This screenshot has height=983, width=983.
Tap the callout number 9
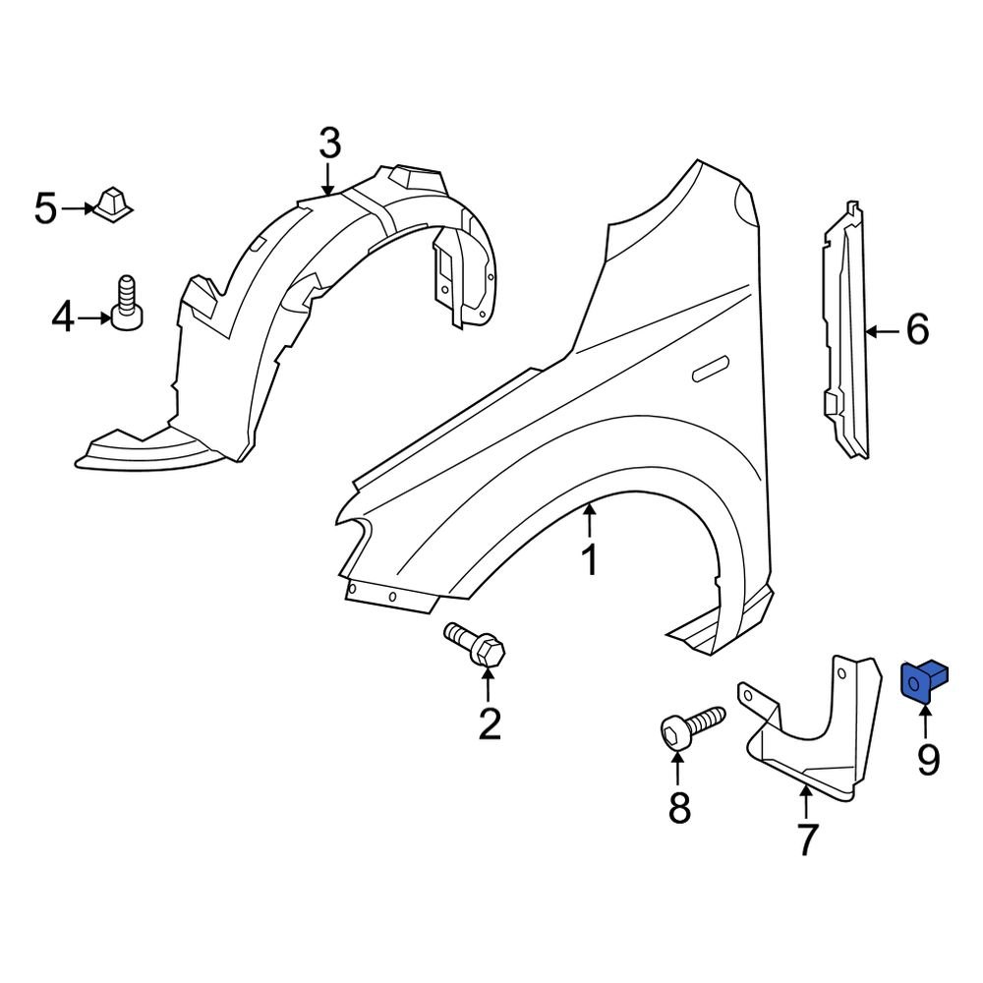coord(928,759)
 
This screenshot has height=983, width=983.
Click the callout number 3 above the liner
coord(329,144)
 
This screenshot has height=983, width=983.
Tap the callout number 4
coord(63,318)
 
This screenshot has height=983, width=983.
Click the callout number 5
coord(46,209)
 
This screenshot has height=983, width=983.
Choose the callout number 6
coord(916,330)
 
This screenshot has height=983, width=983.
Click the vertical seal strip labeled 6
coord(845,334)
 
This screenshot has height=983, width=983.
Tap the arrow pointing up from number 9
coord(925,722)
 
